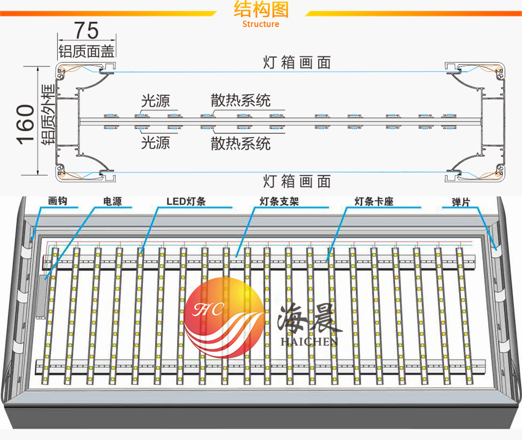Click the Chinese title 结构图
(261, 9)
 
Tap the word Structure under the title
(261, 24)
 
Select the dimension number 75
(86, 29)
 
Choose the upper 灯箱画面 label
(297, 63)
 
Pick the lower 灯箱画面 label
(297, 181)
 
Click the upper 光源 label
(156, 101)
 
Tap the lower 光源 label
(156, 143)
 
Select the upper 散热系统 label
(241, 100)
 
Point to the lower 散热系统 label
(241, 144)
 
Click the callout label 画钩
(57, 202)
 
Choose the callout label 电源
(112, 202)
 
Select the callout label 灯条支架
(279, 202)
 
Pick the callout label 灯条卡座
(374, 202)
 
